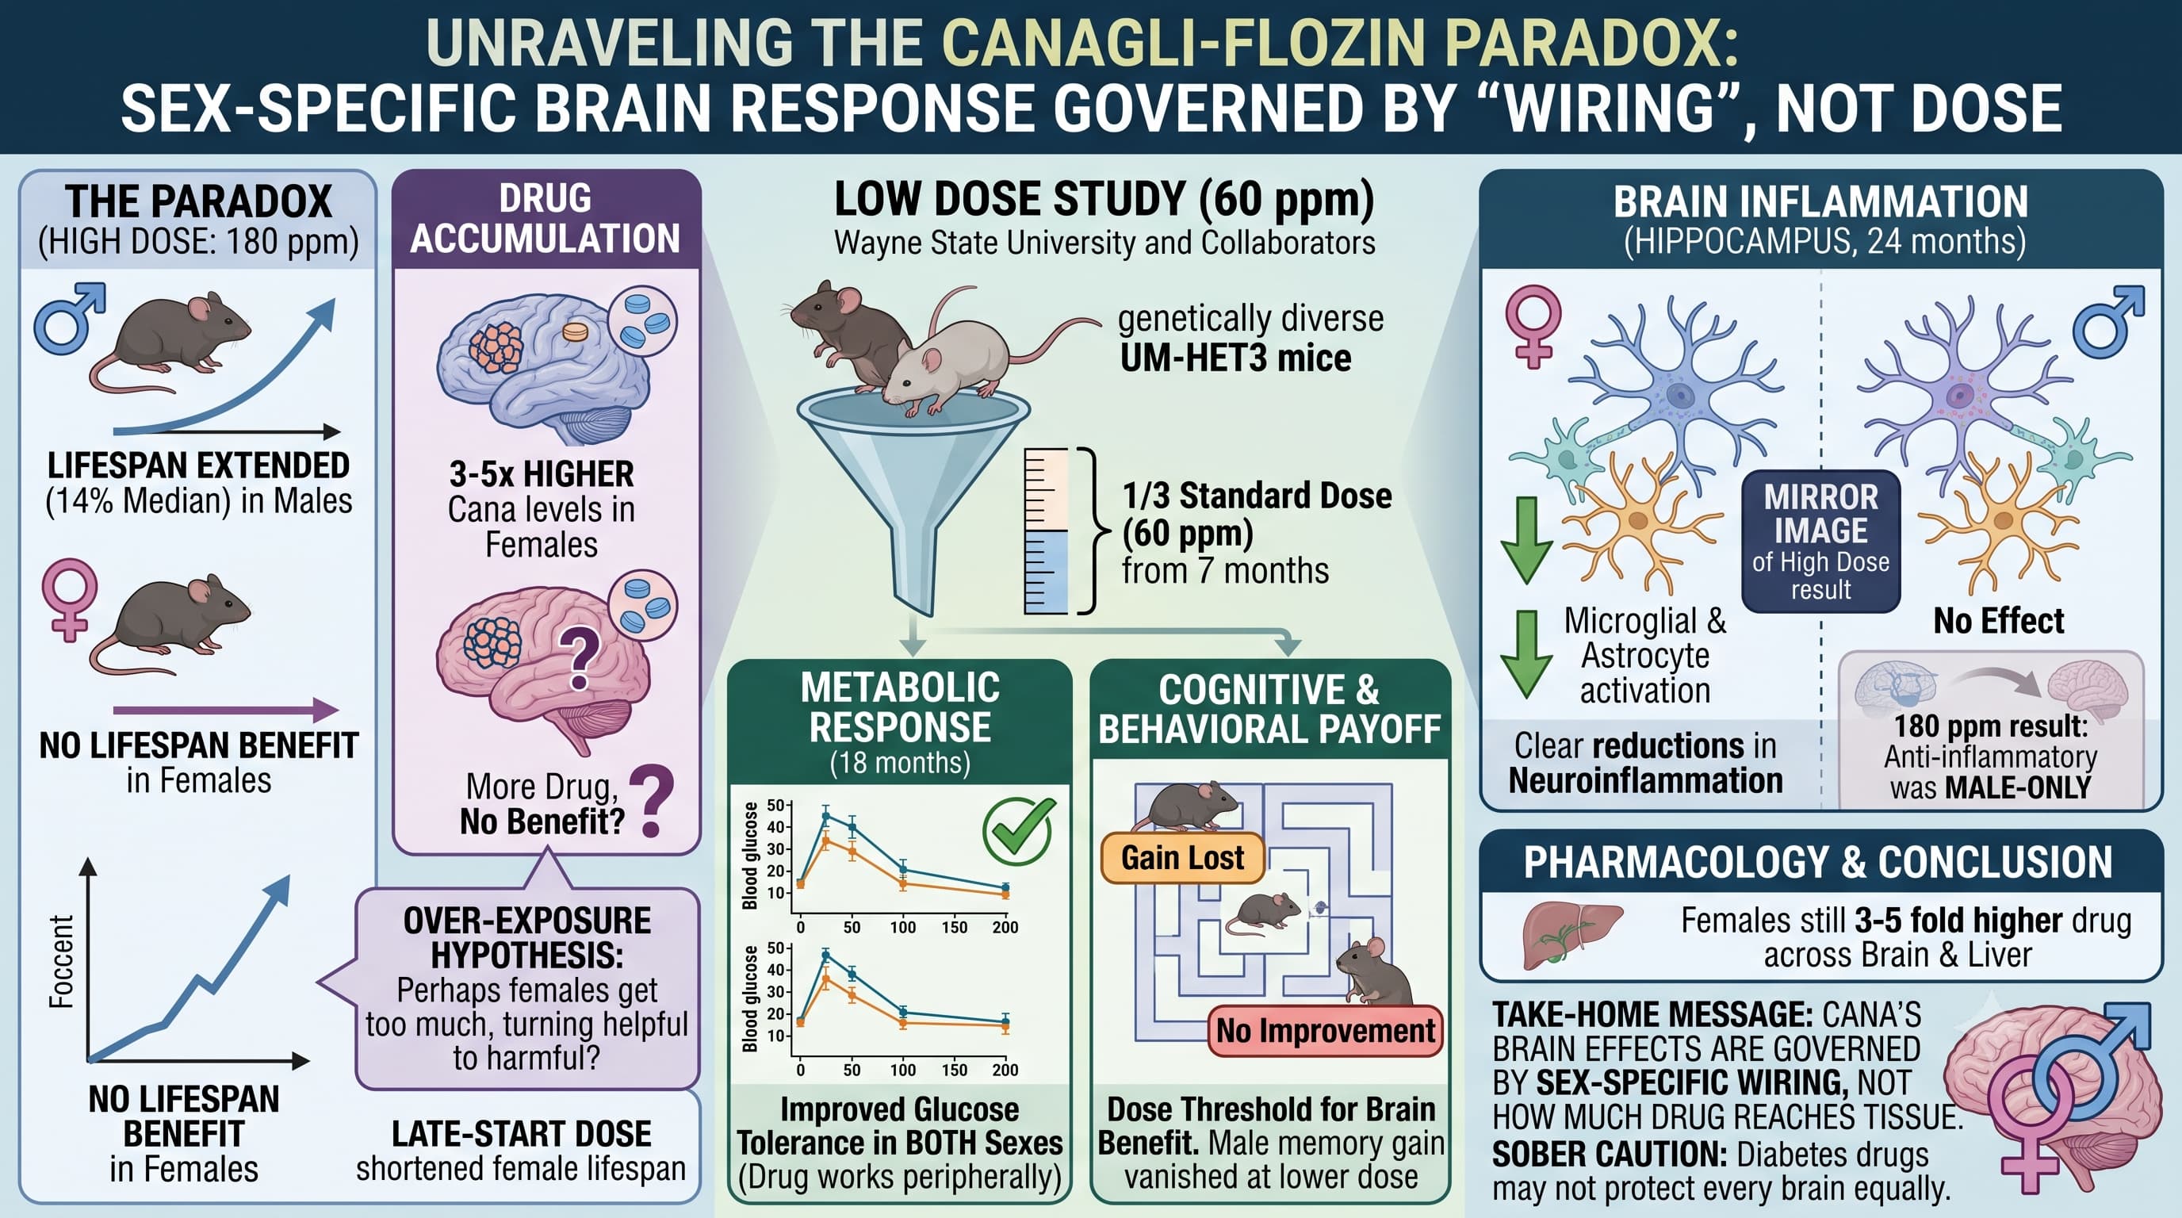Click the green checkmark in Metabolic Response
(x=1019, y=830)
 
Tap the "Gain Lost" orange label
(x=1182, y=858)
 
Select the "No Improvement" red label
(x=1325, y=1031)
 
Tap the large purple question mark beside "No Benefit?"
(x=652, y=800)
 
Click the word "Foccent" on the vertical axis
(x=61, y=961)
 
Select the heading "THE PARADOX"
(x=198, y=201)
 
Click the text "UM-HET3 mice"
(x=1236, y=358)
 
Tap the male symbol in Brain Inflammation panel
(x=2109, y=321)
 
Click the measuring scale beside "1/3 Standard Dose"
(x=1046, y=531)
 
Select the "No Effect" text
(x=1998, y=621)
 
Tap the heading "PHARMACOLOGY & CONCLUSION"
(x=1818, y=862)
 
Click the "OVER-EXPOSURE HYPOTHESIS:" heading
(x=526, y=937)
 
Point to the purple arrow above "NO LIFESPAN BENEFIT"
(x=226, y=710)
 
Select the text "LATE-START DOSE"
(x=521, y=1133)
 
